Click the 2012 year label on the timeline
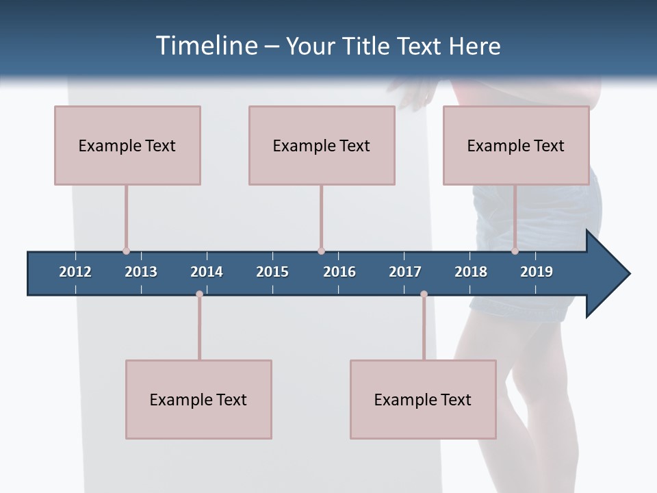point(75,272)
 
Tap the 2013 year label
point(141,272)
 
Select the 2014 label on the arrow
point(207,272)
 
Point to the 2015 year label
point(272,272)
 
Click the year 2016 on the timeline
point(339,272)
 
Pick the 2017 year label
point(405,272)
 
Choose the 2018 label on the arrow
point(471,272)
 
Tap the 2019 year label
point(537,272)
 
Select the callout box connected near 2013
point(127,145)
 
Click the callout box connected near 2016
point(322,145)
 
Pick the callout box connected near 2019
point(516,145)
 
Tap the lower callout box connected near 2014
point(198,399)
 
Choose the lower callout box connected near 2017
point(423,399)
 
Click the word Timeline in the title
point(205,46)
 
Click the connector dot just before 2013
point(126,251)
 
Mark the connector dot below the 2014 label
point(199,294)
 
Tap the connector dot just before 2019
point(515,251)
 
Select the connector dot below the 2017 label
point(424,294)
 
